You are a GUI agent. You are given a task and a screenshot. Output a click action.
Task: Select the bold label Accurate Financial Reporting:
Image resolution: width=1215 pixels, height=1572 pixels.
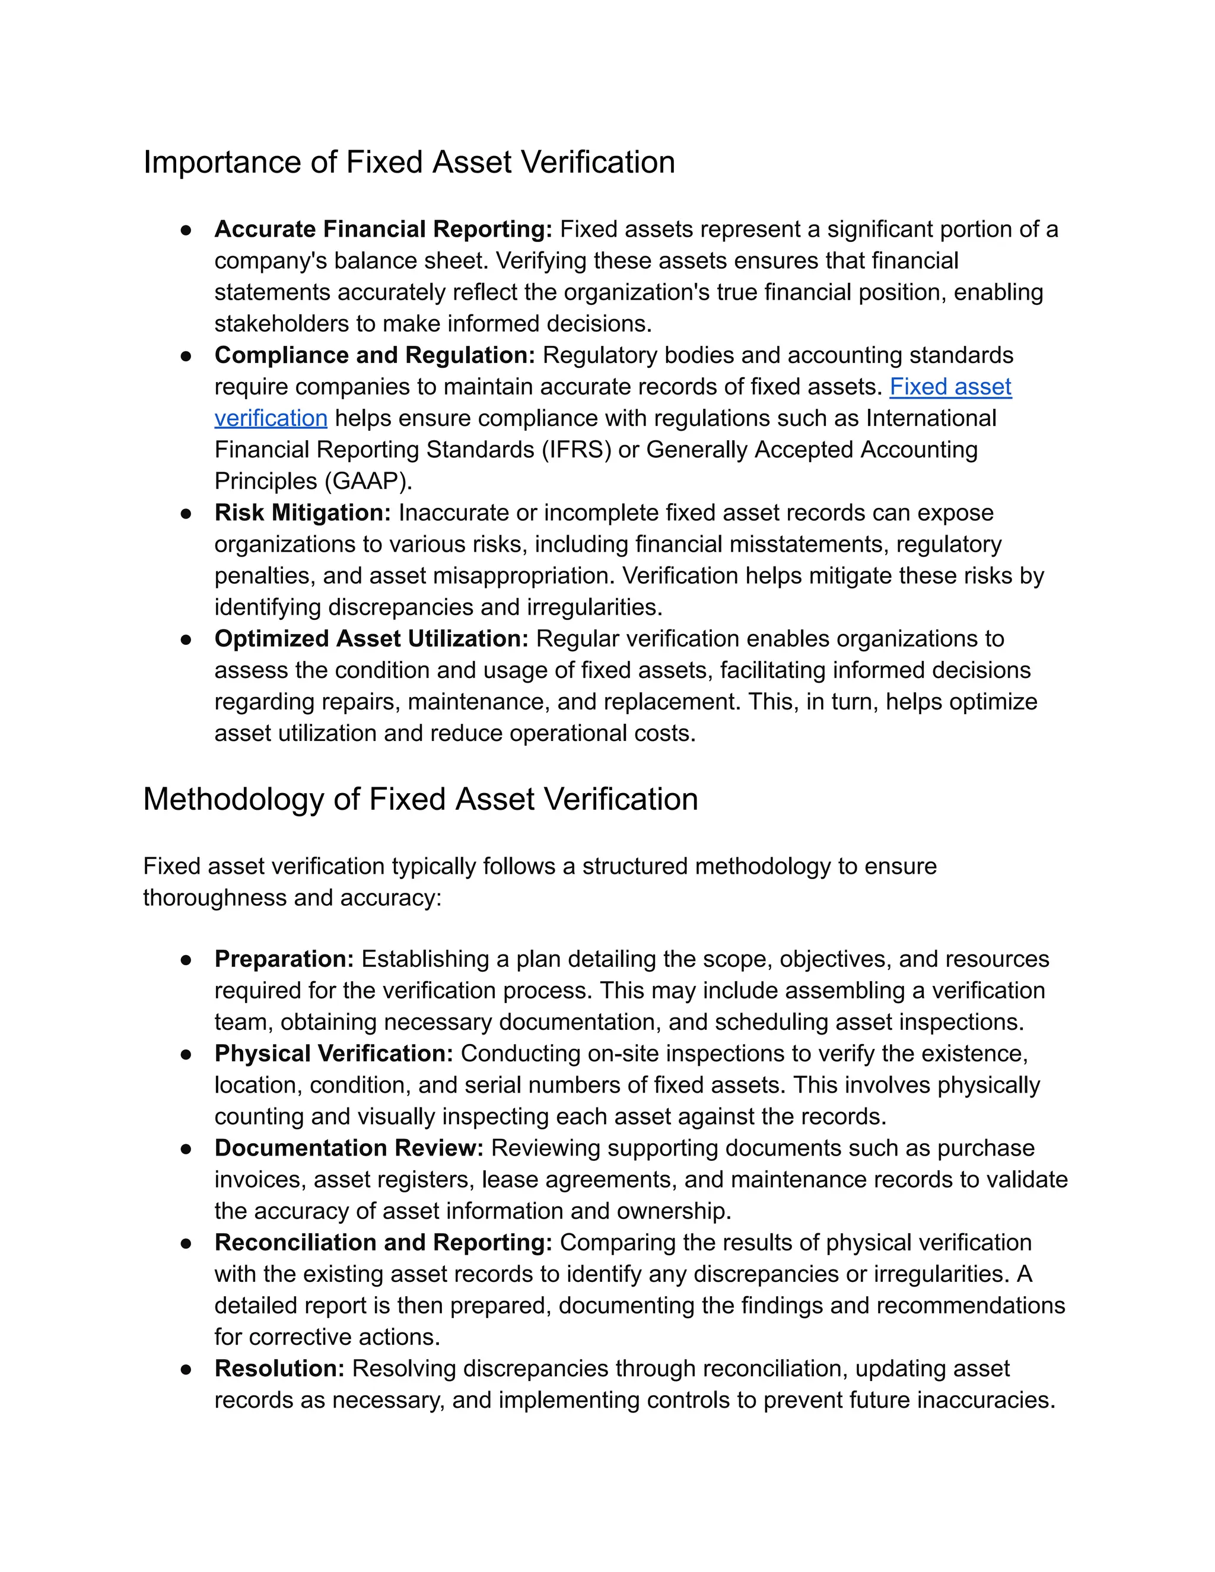pyautogui.click(x=383, y=230)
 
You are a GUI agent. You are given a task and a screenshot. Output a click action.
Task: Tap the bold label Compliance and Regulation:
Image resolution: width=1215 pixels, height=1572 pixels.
pyautogui.click(x=374, y=355)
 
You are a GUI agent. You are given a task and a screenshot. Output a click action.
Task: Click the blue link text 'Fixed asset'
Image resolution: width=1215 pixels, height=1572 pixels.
pyautogui.click(x=950, y=387)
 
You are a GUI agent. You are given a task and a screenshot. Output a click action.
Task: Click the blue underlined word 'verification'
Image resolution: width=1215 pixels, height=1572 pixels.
pyautogui.click(x=271, y=419)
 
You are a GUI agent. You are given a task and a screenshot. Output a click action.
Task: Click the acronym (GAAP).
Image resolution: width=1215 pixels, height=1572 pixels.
pyautogui.click(x=372, y=482)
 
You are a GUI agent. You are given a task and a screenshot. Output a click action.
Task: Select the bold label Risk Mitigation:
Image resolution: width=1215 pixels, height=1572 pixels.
pyautogui.click(x=303, y=513)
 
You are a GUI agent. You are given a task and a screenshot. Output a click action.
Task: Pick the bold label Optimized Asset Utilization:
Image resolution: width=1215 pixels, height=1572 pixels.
pyautogui.click(x=371, y=639)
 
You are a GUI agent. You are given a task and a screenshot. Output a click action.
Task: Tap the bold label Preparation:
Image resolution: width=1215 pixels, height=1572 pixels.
pyautogui.click(x=284, y=959)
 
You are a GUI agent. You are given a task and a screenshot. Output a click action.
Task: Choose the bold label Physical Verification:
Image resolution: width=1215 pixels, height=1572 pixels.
pyautogui.click(x=333, y=1054)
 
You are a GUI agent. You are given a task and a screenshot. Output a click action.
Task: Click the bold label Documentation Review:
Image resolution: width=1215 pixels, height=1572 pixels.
pyautogui.click(x=349, y=1148)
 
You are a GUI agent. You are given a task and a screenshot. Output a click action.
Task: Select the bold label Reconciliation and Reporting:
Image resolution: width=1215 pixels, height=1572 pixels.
pyautogui.click(x=383, y=1243)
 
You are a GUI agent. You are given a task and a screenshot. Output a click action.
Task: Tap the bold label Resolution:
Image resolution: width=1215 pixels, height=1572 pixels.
pyautogui.click(x=279, y=1369)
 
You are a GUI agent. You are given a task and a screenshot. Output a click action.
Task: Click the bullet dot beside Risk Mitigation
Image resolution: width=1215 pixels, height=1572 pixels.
pyautogui.click(x=186, y=514)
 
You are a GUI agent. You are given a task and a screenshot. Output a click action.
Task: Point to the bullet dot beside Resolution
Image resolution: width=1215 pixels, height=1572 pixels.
pyautogui.click(x=186, y=1370)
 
